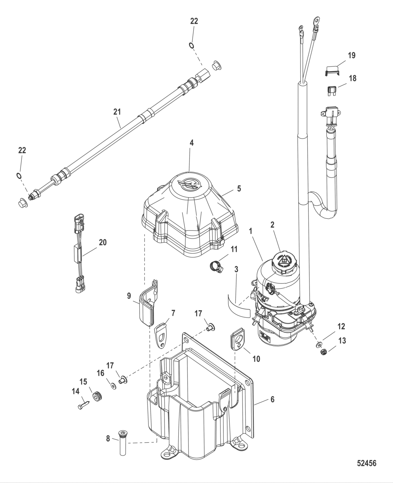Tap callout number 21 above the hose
117,112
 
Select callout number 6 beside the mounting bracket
272,399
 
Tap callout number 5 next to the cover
239,188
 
